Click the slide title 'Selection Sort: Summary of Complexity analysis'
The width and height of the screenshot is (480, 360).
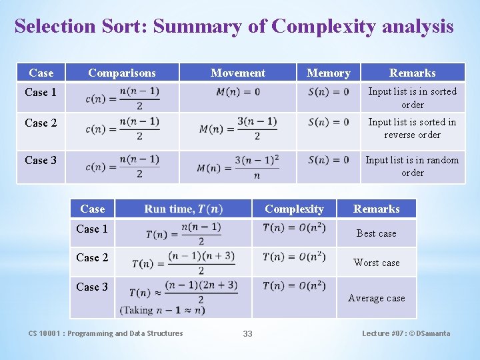pyautogui.click(x=234, y=27)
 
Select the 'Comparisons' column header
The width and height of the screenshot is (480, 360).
pyautogui.click(x=122, y=73)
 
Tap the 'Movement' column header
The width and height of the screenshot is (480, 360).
pyautogui.click(x=237, y=73)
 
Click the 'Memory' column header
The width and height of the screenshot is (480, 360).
pyautogui.click(x=328, y=73)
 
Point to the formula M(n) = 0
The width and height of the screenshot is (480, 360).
pyautogui.click(x=238, y=91)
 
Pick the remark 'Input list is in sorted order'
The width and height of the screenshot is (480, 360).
pyautogui.click(x=412, y=97)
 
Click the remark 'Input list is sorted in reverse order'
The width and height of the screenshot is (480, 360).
pyautogui.click(x=412, y=128)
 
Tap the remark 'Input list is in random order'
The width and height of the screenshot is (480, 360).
pyautogui.click(x=412, y=166)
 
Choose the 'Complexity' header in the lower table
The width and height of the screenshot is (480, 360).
pyautogui.click(x=294, y=209)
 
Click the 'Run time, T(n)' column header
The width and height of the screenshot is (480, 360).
pyautogui.click(x=183, y=209)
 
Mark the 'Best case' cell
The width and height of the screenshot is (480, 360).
pyautogui.click(x=376, y=233)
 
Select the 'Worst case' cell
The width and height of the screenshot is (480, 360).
pyautogui.click(x=376, y=263)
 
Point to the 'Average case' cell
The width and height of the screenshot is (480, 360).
pyautogui.click(x=376, y=298)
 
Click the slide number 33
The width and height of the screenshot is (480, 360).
pyautogui.click(x=247, y=333)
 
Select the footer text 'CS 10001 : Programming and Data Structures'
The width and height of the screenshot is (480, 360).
pyautogui.click(x=105, y=333)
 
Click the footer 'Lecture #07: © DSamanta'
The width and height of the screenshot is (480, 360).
pyautogui.click(x=405, y=333)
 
